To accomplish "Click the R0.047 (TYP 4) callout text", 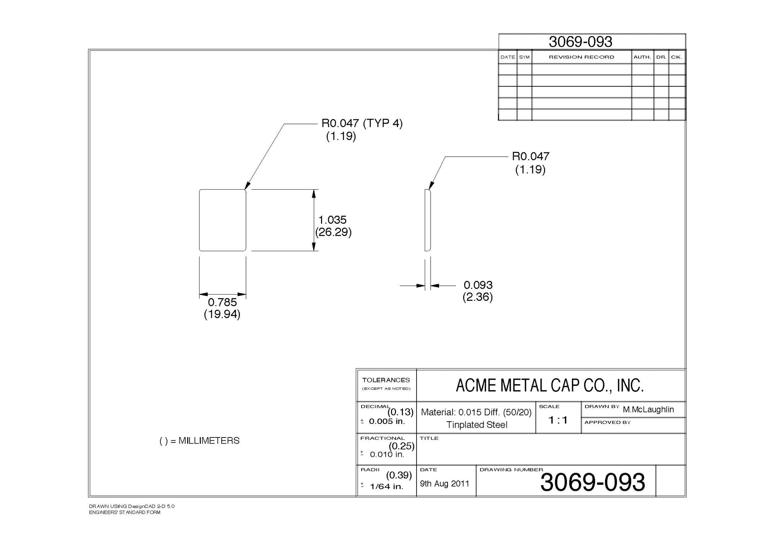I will click(362, 123).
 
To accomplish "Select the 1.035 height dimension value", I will click(332, 220).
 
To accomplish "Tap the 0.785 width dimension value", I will click(222, 302).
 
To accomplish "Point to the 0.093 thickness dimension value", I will click(478, 285).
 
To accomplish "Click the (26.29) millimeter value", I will click(333, 232).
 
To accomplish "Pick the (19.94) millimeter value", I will click(222, 314).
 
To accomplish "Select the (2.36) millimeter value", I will click(477, 297).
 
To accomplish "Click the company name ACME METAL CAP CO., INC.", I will click(549, 386).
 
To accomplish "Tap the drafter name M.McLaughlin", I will click(648, 410).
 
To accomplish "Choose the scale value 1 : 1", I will click(558, 420).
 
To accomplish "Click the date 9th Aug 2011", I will click(444, 484).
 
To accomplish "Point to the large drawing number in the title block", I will click(592, 482).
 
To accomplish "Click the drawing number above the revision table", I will click(580, 42).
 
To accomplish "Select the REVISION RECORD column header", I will click(581, 57).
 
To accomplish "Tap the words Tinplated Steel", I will click(477, 425).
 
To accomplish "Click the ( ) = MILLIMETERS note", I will click(200, 441).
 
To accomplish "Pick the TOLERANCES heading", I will click(386, 380).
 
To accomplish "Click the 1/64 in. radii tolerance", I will click(387, 487).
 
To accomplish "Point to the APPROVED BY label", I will click(607, 422).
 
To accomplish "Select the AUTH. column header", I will click(642, 57).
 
